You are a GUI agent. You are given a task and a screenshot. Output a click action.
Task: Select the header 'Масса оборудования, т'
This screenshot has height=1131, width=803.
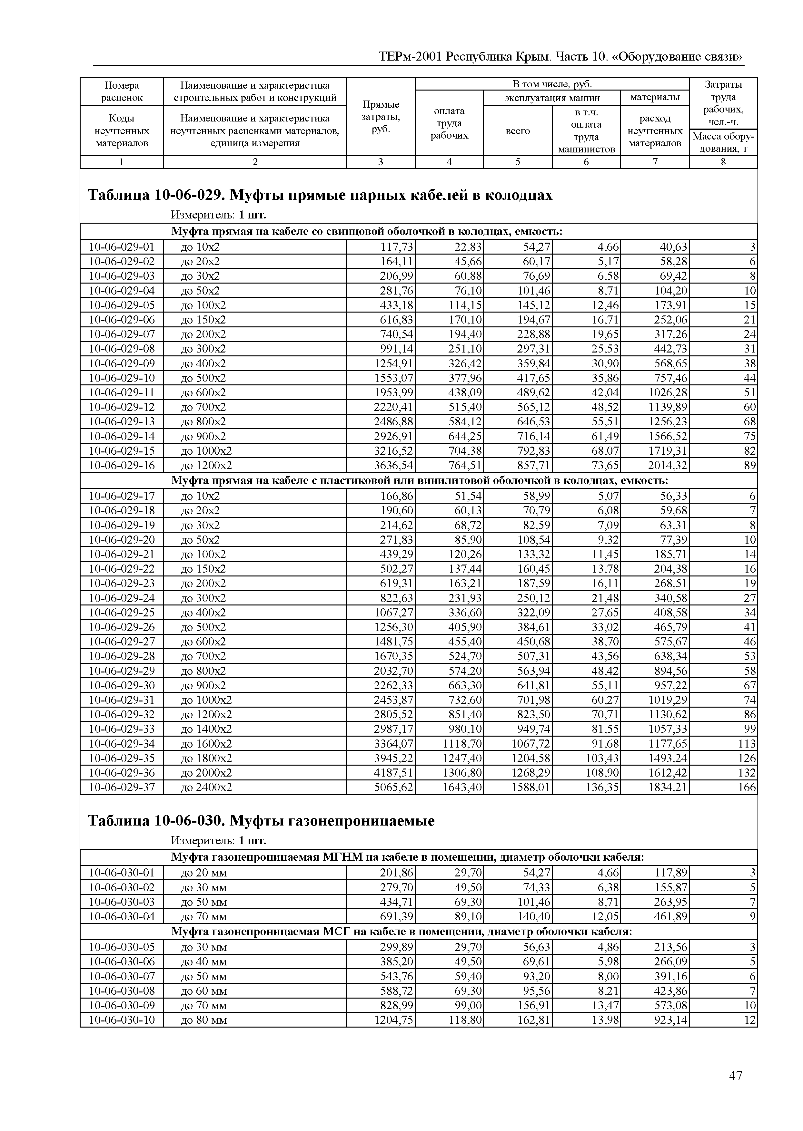723,142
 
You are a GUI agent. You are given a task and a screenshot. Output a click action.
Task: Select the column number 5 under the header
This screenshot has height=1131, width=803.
518,162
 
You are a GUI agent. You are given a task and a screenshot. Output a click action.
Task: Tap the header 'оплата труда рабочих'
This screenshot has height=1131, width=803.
449,123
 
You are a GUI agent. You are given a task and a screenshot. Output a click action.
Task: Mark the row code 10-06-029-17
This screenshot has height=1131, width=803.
122,496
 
